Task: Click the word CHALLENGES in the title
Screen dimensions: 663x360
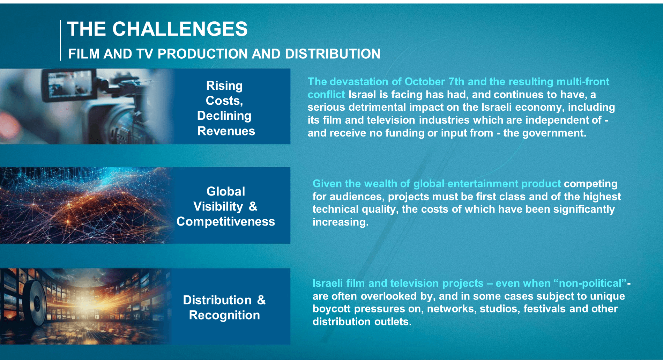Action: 180,29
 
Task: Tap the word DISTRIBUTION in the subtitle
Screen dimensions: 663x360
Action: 333,54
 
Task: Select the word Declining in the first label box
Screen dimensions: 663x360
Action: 224,116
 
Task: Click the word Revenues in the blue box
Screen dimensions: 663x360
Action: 226,131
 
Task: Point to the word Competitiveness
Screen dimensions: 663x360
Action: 225,222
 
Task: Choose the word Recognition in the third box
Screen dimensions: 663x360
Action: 224,315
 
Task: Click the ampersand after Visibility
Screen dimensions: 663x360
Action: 253,206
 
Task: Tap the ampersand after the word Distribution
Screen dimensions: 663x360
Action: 261,300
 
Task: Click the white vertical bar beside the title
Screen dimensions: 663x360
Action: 60,41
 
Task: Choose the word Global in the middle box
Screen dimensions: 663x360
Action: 226,191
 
